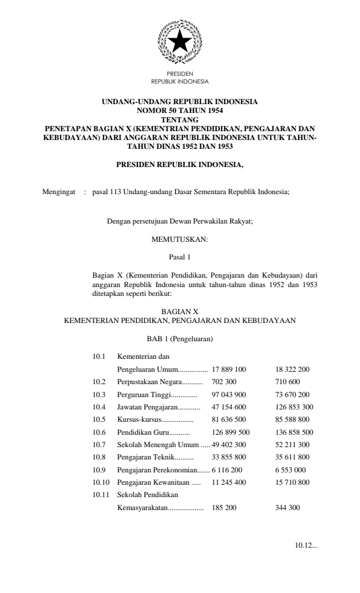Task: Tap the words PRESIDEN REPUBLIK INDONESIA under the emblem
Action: click(x=179, y=78)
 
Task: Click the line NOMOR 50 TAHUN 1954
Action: click(x=179, y=109)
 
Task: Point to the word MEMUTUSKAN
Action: click(x=179, y=239)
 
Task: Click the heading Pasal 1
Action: click(x=179, y=257)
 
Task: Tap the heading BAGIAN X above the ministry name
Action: click(x=179, y=311)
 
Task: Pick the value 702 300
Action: click(x=224, y=382)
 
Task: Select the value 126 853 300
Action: click(x=294, y=407)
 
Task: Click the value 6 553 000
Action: click(x=290, y=469)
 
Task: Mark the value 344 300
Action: click(x=288, y=506)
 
